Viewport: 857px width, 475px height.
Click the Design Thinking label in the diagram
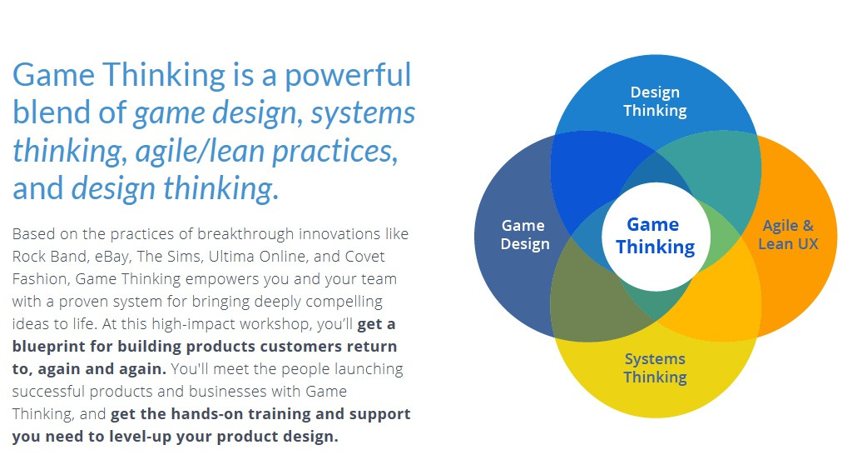coord(655,101)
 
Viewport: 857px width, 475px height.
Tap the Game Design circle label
coord(524,234)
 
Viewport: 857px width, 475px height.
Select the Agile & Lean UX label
coord(787,234)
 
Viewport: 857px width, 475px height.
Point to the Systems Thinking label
coord(655,367)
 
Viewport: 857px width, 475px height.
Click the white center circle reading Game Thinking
coord(655,235)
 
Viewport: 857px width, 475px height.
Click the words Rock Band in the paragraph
coord(47,256)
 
